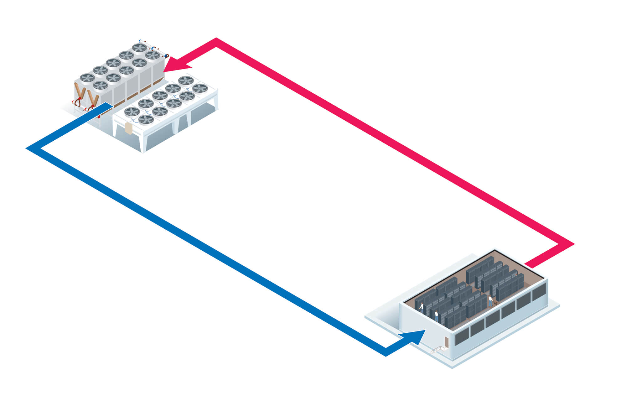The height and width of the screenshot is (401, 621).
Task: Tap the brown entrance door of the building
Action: coord(446,342)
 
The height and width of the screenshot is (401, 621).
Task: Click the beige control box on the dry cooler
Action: coord(129,128)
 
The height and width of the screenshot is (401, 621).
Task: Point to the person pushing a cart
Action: coord(490,300)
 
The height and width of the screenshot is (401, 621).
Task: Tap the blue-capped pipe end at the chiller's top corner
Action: coord(141,41)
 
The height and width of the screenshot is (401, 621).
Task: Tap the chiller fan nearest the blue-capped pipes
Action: coord(139,48)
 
